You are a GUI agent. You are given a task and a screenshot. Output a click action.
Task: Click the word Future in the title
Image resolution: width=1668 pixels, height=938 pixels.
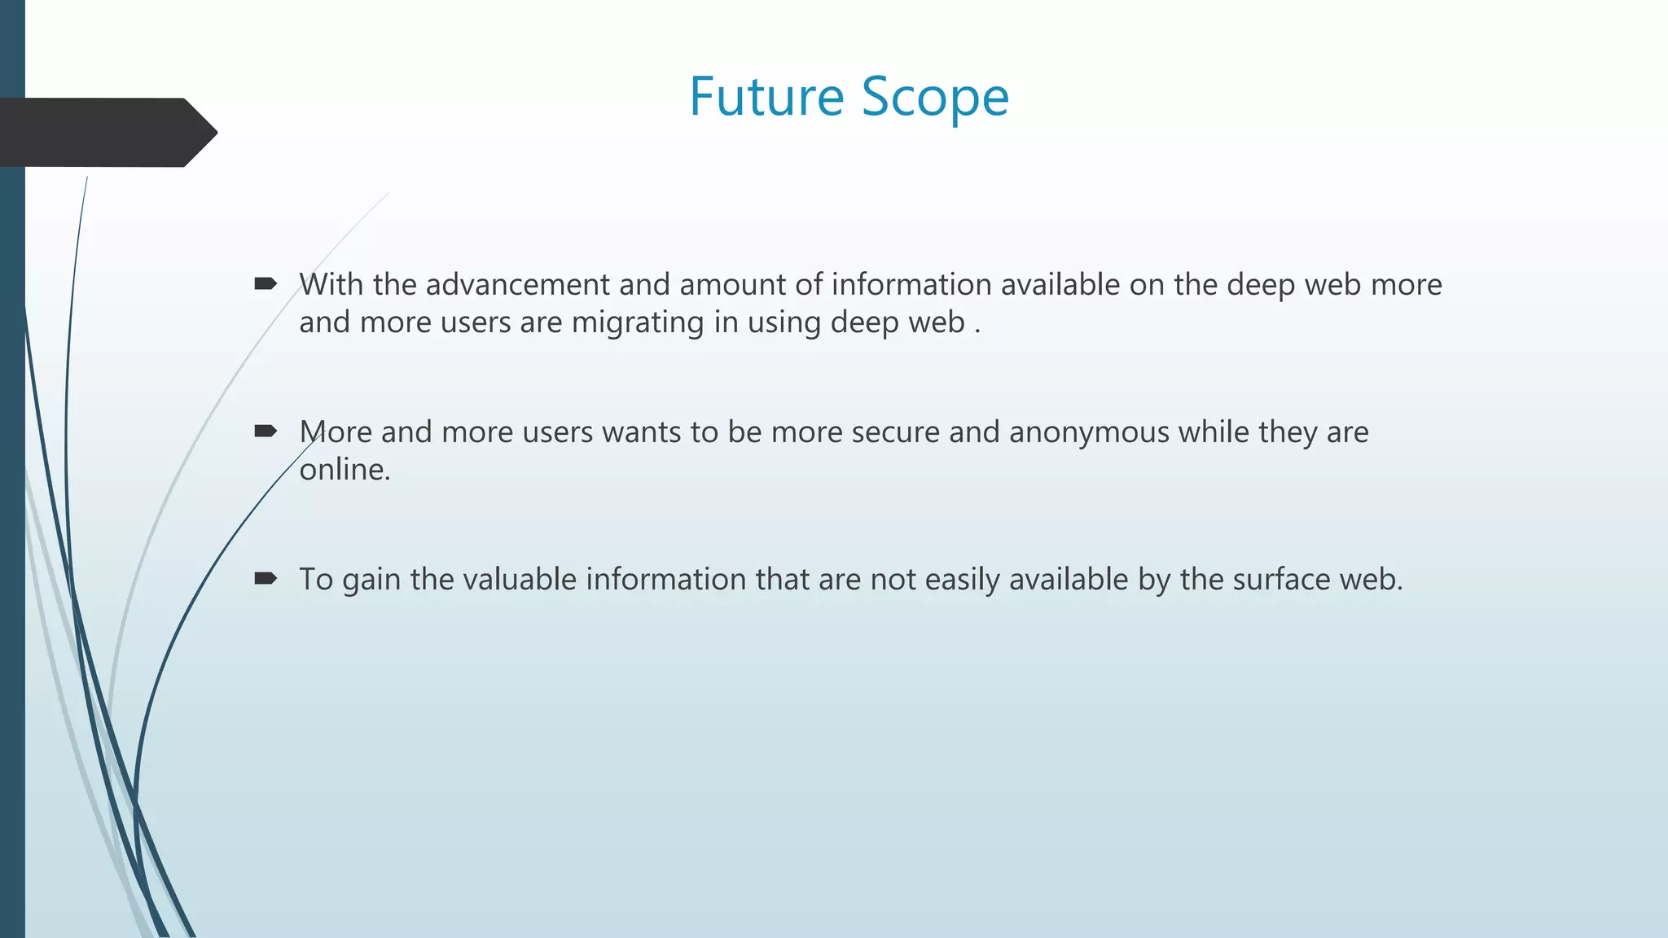coord(766,97)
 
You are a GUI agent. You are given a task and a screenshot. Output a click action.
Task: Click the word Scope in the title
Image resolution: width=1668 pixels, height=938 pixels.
coord(935,97)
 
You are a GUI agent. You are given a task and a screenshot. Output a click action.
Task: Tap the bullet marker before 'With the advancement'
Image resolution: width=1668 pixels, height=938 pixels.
coord(266,283)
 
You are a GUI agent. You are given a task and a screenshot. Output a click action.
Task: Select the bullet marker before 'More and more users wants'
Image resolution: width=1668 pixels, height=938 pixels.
coord(266,431)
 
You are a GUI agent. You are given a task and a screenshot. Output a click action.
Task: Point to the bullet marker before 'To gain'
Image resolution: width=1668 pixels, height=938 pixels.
coord(266,578)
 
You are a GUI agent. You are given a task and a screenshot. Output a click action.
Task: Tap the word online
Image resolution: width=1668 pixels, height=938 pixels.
coord(345,470)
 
